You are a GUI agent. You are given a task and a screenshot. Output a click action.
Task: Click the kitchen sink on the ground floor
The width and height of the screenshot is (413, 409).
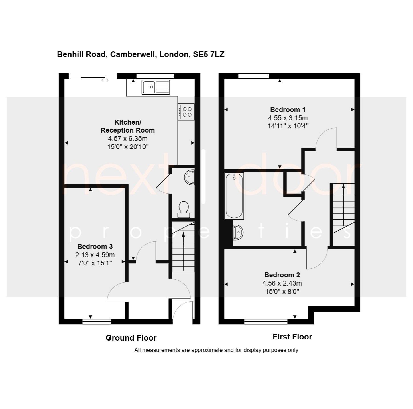(x=156, y=87)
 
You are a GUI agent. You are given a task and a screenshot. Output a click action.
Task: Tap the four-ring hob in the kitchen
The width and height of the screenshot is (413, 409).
(x=186, y=112)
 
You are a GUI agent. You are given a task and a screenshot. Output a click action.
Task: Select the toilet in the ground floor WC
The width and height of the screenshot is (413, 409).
(x=184, y=209)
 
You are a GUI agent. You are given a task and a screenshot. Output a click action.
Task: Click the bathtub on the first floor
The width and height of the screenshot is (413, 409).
(x=234, y=196)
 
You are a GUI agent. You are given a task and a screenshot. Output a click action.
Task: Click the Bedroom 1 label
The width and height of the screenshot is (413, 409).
(x=288, y=110)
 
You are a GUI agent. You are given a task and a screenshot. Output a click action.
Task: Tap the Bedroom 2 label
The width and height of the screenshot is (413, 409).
(x=282, y=275)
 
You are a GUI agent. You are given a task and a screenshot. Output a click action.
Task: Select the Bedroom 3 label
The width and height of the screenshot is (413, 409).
(x=95, y=247)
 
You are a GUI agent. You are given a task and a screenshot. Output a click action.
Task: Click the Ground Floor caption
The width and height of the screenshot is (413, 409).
(x=131, y=338)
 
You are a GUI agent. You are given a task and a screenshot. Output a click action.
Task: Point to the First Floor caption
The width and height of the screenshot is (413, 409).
(x=292, y=337)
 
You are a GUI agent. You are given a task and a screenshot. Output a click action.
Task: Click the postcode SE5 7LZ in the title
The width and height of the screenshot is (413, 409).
(x=209, y=54)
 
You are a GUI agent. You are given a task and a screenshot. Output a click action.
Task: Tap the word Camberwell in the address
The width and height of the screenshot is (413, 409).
(x=133, y=54)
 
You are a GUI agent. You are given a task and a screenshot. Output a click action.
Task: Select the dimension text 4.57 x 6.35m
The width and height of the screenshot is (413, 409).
(x=128, y=139)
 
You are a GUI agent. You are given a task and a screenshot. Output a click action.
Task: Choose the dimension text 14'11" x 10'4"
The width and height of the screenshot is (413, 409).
(x=288, y=126)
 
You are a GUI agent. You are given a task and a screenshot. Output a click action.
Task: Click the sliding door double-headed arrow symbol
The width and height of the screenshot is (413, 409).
(x=105, y=80)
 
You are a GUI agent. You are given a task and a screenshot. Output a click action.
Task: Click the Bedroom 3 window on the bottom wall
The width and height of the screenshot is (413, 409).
(x=97, y=321)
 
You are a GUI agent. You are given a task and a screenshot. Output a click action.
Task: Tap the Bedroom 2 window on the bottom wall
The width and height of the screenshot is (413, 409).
(x=266, y=321)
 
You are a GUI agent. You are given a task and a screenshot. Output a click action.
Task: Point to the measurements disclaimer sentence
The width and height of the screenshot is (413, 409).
(x=216, y=350)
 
